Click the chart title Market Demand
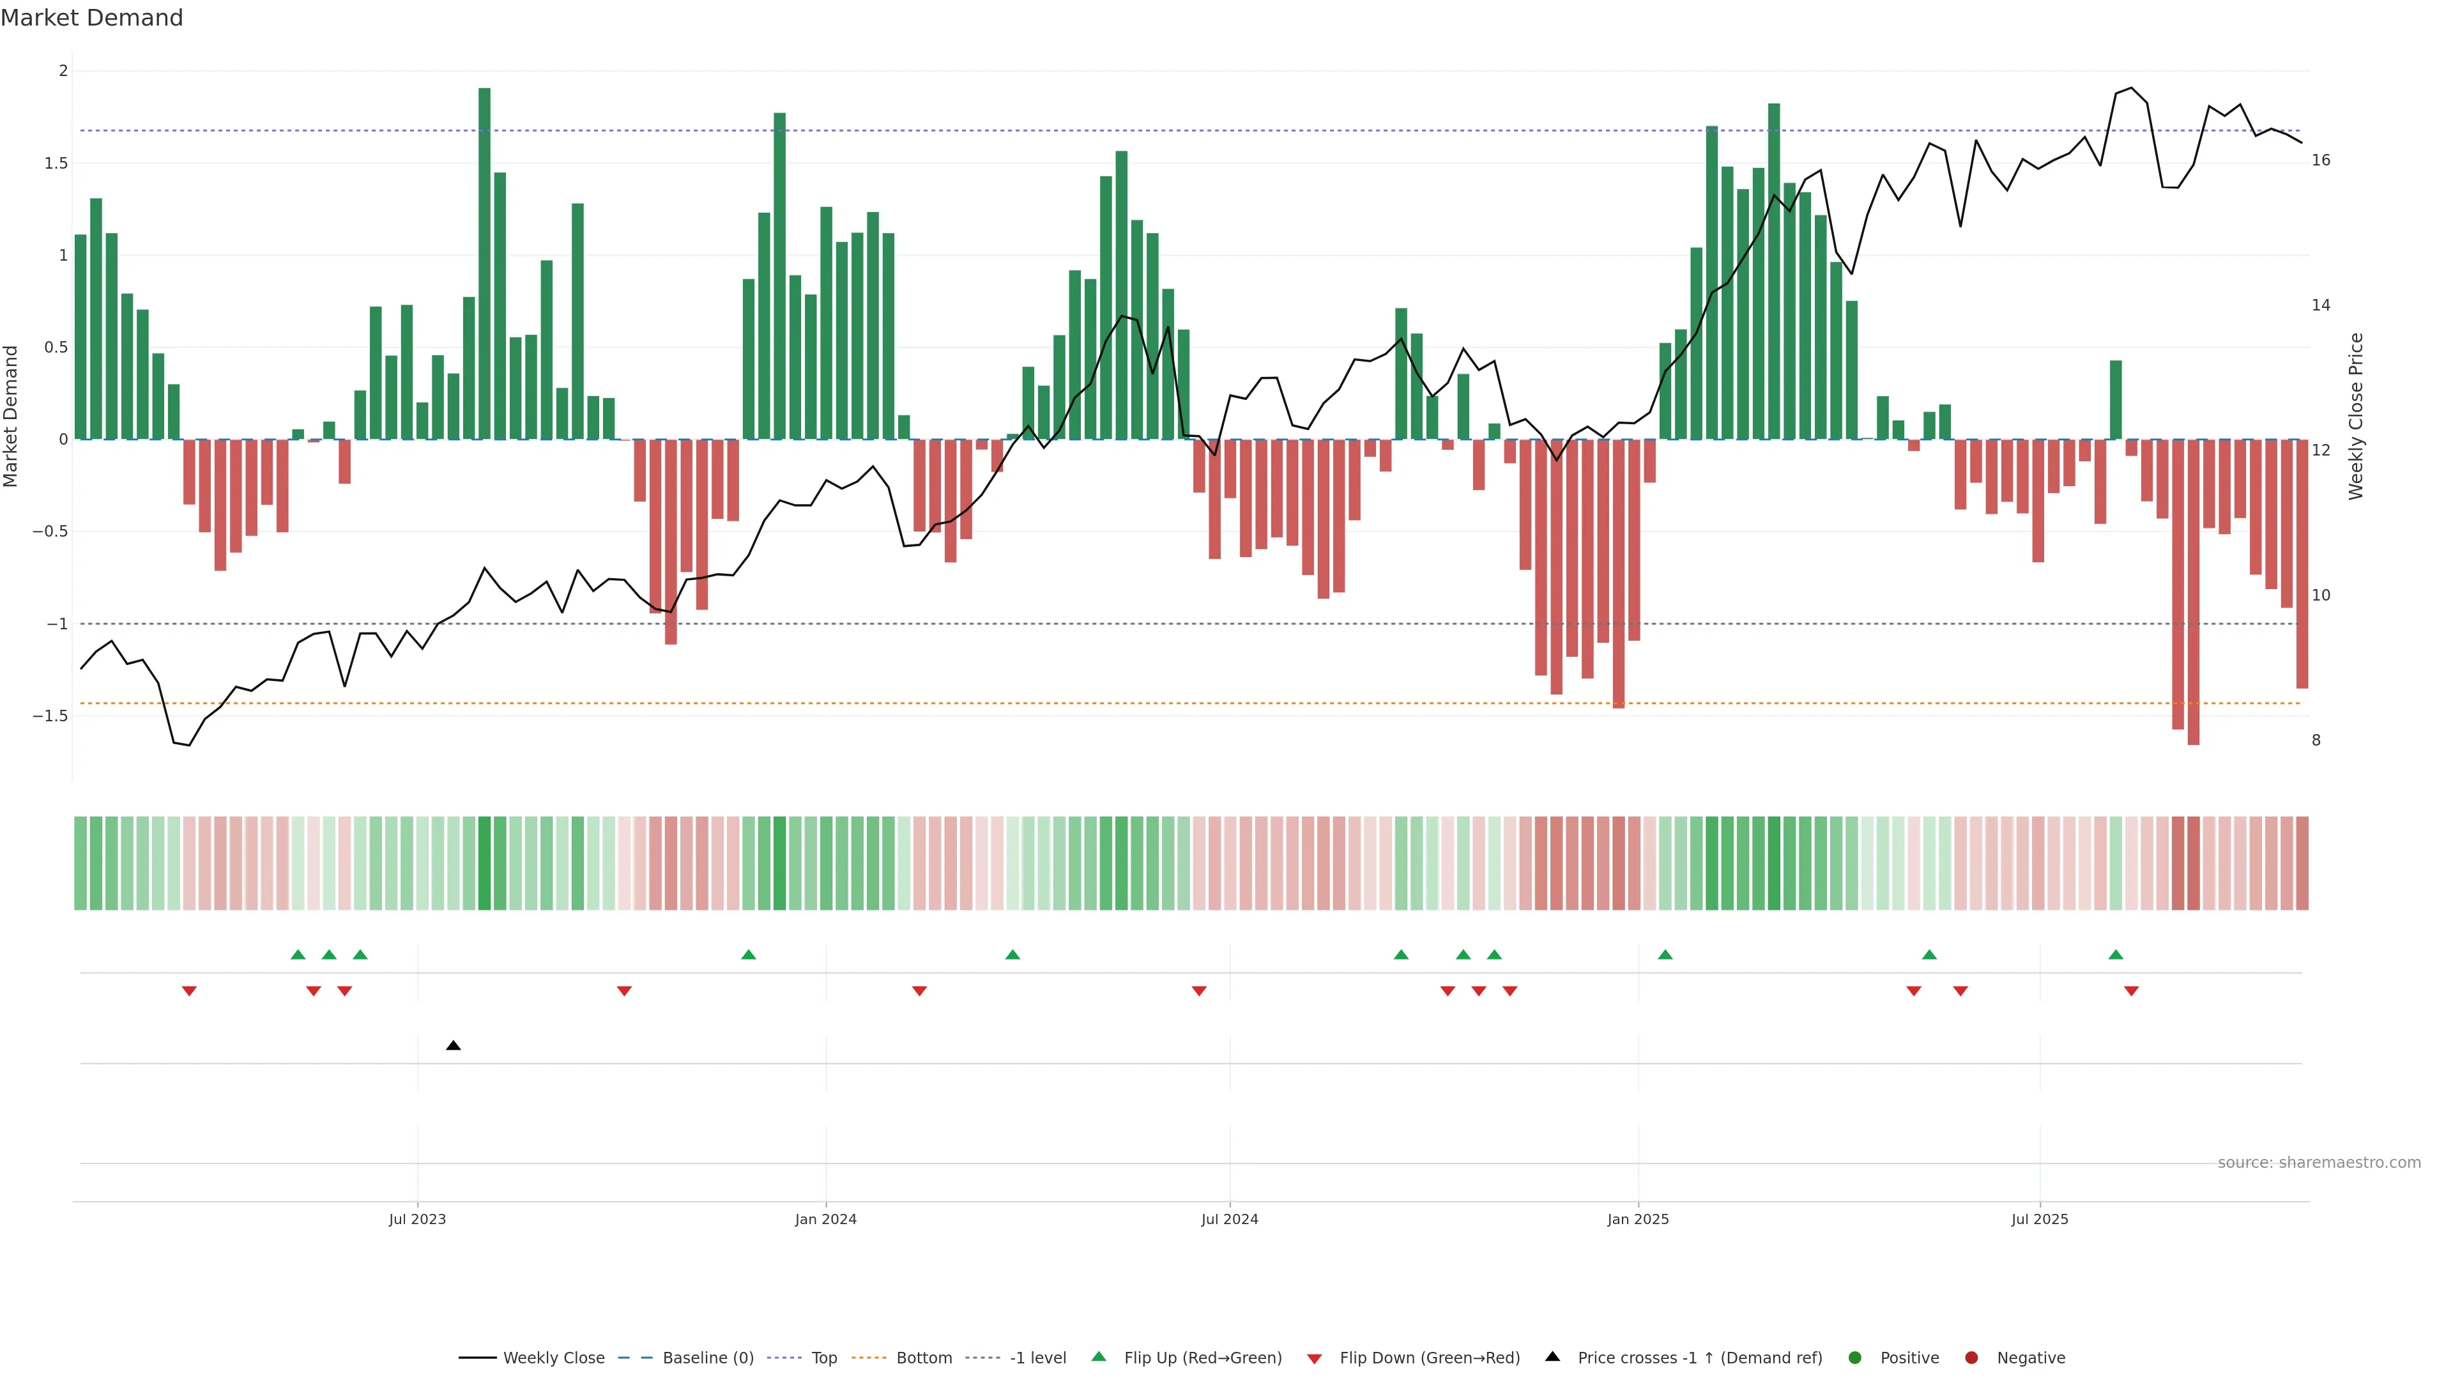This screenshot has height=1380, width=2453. coord(91,18)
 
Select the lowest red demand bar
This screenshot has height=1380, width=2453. coord(2193,592)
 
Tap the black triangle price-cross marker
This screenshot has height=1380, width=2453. coord(454,1046)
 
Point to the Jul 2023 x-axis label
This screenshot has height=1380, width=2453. coord(417,1219)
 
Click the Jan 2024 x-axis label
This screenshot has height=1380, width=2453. coord(825,1219)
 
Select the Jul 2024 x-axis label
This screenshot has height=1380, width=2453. coord(1229,1219)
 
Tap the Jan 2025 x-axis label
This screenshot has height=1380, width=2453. coord(1638,1219)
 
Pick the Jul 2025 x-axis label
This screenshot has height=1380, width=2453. coord(2040,1219)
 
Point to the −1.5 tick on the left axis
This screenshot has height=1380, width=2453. coord(50,716)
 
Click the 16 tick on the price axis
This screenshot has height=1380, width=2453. coord(2321,160)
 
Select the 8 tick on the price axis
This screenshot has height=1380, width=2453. coord(2316,740)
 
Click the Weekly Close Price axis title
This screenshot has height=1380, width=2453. coord(2356,416)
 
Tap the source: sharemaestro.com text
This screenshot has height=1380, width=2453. coord(2319,1163)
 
